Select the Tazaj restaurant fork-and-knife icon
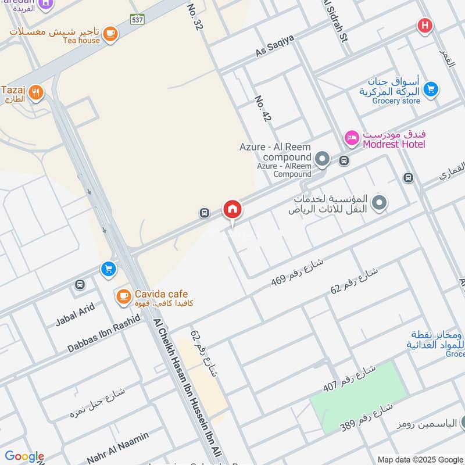[x=36, y=92]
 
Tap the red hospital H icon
[x=425, y=26]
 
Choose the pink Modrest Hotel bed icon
[x=352, y=138]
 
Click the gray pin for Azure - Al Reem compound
[x=321, y=158]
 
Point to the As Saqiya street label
[x=275, y=45]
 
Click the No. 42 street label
[x=263, y=109]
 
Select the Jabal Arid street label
[x=75, y=314]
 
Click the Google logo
[x=24, y=456]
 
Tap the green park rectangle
[x=358, y=396]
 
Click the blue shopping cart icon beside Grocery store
[x=430, y=89]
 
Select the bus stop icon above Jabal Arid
[x=80, y=285]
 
